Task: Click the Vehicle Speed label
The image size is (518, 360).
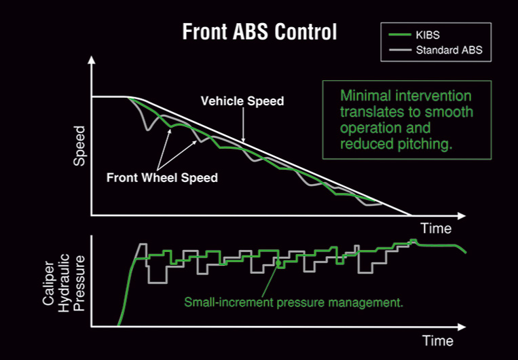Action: [242, 101]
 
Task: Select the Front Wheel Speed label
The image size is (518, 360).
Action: [162, 178]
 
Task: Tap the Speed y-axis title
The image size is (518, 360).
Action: [79, 145]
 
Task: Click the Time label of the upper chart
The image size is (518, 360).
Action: [435, 228]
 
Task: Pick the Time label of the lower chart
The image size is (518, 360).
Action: [437, 340]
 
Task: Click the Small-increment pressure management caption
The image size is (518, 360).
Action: [294, 302]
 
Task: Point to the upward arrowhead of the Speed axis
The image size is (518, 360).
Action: [92, 60]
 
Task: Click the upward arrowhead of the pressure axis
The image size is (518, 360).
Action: [92, 240]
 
